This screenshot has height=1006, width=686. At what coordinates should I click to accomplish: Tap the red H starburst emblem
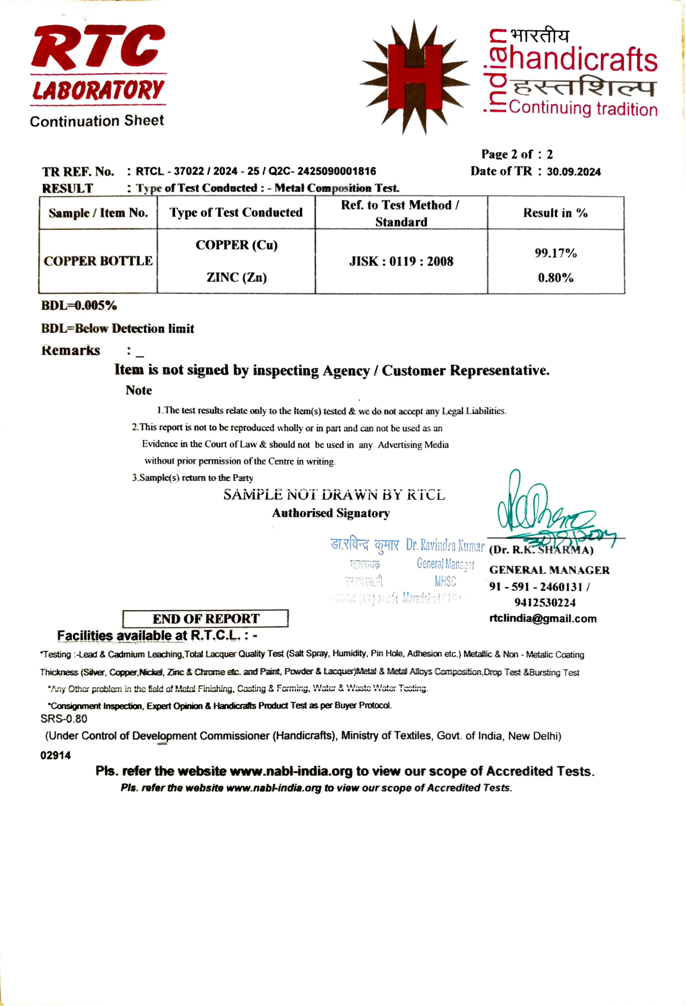click(x=414, y=78)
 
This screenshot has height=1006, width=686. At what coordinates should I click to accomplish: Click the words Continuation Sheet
click(x=97, y=121)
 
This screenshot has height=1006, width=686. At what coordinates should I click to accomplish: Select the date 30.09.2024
click(x=574, y=172)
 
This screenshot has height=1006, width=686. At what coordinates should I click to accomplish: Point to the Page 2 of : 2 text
click(x=517, y=154)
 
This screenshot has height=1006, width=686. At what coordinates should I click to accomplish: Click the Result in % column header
click(x=555, y=213)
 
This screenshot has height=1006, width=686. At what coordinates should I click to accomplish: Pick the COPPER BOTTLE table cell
click(x=98, y=261)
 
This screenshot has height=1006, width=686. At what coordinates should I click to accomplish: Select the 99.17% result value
click(x=555, y=253)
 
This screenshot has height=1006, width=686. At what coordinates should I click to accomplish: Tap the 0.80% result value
click(x=555, y=278)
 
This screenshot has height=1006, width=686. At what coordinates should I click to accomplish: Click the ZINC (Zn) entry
click(x=236, y=278)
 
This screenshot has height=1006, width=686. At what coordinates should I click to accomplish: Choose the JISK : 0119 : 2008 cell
click(x=401, y=261)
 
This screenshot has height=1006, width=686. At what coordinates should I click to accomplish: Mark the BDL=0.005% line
click(x=79, y=306)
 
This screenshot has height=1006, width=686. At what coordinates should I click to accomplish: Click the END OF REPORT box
click(x=206, y=618)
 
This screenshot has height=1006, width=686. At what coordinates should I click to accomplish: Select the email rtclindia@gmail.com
click(x=543, y=619)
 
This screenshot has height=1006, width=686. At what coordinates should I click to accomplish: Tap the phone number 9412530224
click(x=545, y=603)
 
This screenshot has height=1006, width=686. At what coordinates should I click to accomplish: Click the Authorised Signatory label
click(x=331, y=513)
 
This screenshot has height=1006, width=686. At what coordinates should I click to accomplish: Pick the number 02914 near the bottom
click(x=55, y=756)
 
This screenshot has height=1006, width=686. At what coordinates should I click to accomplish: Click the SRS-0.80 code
click(x=63, y=719)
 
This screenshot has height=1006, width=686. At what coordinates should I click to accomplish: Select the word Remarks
click(x=70, y=350)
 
